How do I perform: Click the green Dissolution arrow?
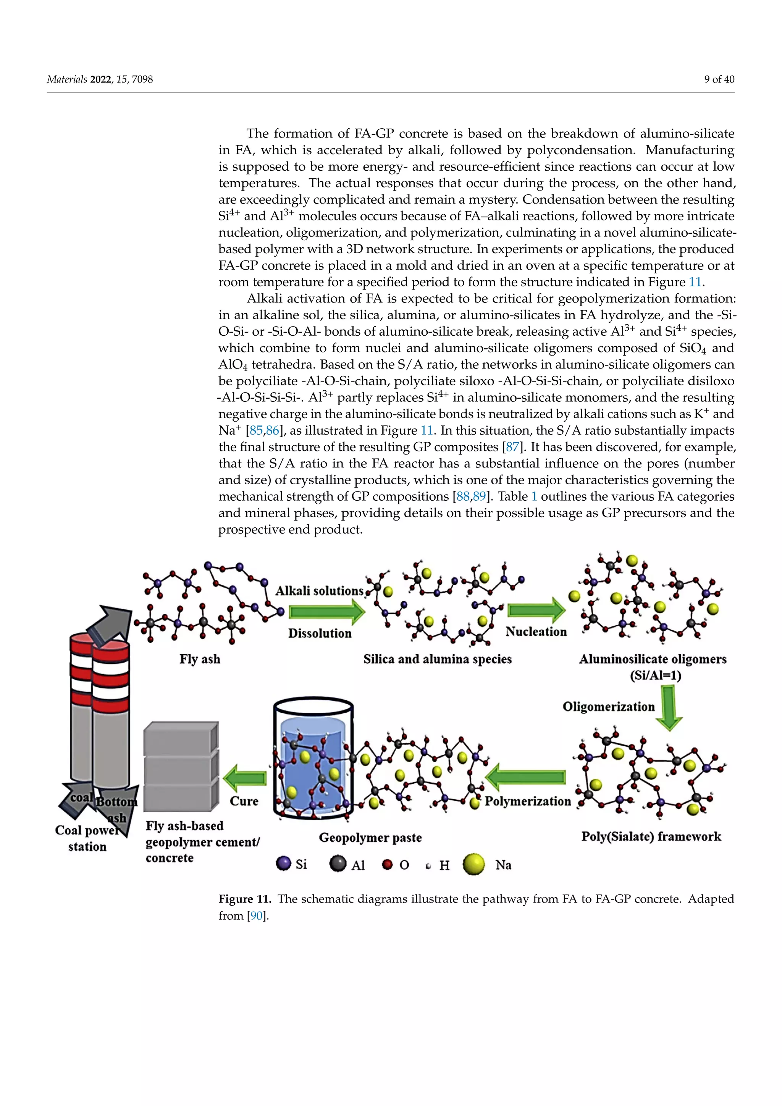[327, 612]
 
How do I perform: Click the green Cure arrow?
[245, 778]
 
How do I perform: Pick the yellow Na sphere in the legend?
[473, 864]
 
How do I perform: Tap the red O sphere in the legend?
[387, 864]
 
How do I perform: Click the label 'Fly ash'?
[200, 658]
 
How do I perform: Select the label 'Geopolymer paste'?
[370, 838]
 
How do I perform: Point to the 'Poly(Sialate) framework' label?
[651, 836]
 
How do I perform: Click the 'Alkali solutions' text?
[319, 590]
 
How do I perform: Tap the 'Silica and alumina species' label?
[437, 658]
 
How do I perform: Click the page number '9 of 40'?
[719, 79]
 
